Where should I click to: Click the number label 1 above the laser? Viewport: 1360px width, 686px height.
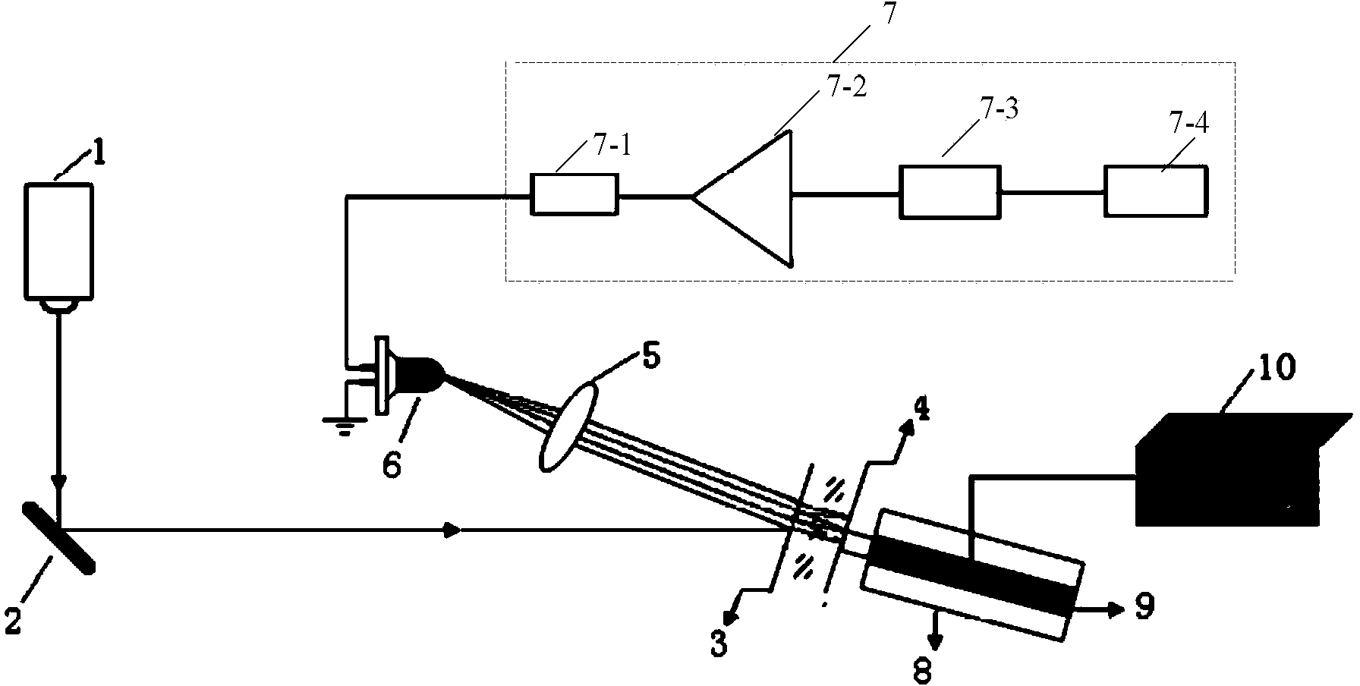click(99, 156)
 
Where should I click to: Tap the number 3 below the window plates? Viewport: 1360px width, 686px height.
click(719, 640)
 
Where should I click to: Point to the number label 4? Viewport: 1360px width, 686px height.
click(921, 411)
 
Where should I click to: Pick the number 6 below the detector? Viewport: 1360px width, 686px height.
click(391, 462)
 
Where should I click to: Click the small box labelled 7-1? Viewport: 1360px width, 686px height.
click(573, 195)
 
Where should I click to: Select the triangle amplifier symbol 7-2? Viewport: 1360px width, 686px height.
click(743, 197)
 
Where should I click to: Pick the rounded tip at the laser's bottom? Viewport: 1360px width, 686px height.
click(59, 306)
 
